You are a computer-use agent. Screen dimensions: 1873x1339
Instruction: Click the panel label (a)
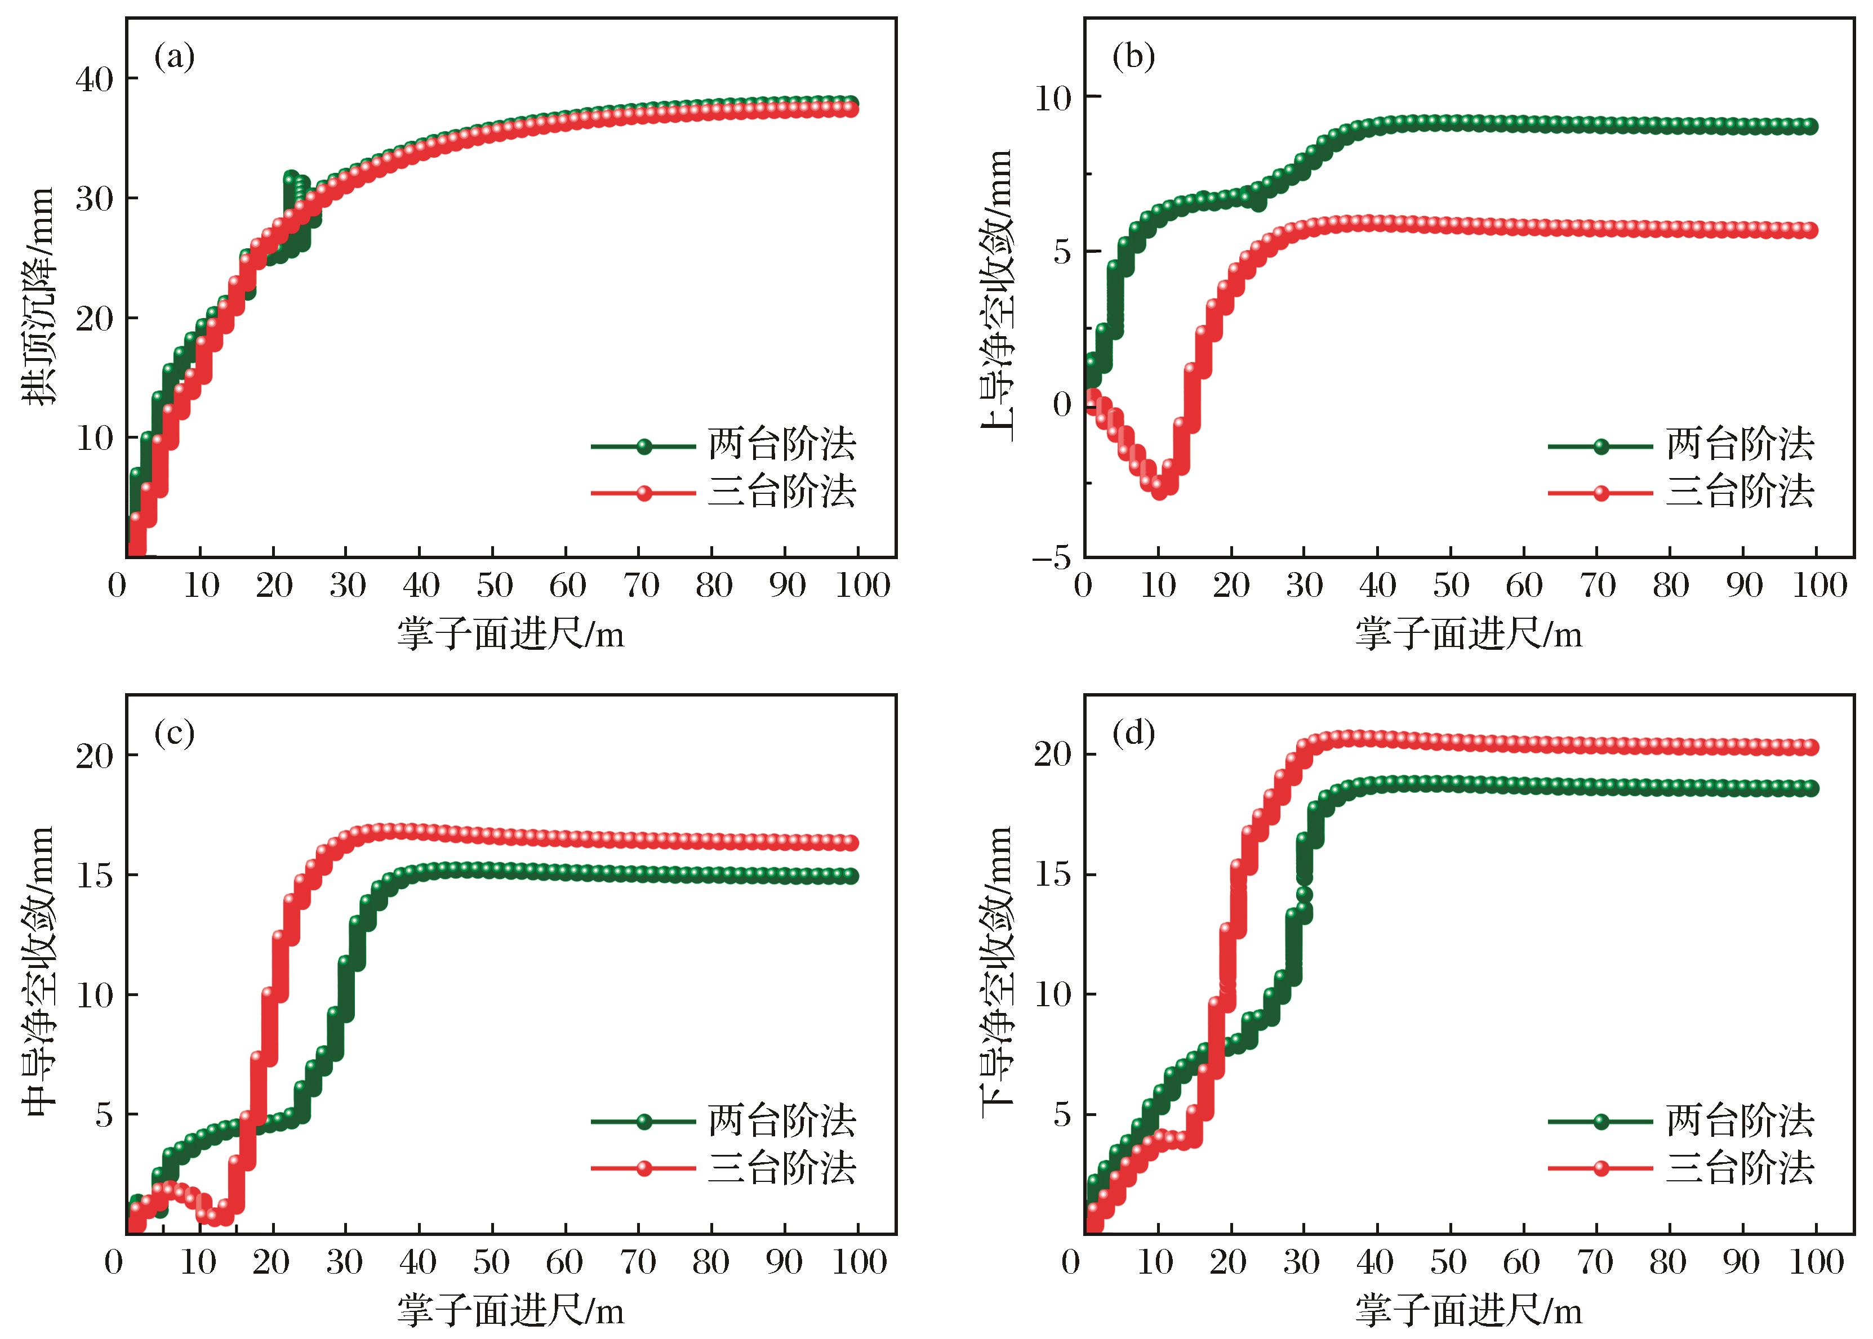pos(174,57)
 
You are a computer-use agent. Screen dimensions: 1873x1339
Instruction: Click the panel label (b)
pos(1133,57)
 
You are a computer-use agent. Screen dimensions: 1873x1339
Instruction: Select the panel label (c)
pos(174,734)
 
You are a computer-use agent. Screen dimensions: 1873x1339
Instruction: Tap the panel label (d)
pos(1133,734)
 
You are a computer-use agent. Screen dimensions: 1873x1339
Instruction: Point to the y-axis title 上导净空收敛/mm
pos(997,295)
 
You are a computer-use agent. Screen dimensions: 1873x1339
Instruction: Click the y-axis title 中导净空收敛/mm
pos(39,971)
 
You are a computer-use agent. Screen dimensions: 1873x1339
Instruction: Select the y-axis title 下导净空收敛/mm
pos(997,971)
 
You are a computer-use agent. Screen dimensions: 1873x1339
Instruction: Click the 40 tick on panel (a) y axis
pos(95,80)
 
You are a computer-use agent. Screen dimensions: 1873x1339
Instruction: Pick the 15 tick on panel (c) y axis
pos(95,876)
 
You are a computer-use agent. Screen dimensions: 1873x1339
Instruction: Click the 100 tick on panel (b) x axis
pos(1816,586)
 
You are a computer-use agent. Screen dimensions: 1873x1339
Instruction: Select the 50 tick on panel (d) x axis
pos(1449,1262)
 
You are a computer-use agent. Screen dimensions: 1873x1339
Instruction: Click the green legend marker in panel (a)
pos(644,446)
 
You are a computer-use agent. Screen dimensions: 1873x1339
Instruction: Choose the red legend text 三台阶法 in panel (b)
pos(1739,492)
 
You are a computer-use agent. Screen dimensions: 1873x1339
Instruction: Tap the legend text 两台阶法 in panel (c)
pos(782,1121)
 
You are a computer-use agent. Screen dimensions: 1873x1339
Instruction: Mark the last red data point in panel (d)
pos(1810,747)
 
